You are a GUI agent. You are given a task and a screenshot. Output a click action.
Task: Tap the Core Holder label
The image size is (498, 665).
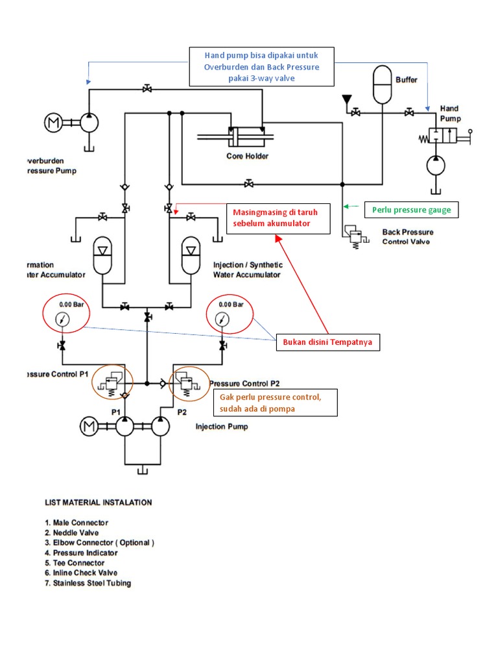247,156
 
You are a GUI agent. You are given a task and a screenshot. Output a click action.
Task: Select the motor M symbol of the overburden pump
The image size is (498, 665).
53,122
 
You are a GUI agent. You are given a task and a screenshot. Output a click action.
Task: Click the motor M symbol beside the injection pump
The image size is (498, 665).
89,426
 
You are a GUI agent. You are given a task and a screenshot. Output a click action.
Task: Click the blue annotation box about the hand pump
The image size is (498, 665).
261,66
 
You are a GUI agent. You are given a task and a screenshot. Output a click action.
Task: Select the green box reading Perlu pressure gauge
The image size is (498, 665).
412,210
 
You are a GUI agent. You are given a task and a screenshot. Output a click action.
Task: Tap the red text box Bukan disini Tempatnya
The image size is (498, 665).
327,342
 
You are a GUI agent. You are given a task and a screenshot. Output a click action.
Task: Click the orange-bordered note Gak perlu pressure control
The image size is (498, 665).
274,402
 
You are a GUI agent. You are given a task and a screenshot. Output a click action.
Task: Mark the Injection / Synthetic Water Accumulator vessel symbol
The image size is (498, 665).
191,256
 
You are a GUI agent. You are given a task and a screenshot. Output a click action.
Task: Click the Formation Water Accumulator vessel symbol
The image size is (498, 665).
102,256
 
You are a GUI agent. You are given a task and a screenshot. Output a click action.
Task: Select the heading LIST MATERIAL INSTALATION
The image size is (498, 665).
98,502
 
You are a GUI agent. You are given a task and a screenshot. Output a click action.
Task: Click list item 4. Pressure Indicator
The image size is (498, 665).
81,553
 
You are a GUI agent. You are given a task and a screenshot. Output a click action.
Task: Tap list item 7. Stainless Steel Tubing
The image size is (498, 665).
88,583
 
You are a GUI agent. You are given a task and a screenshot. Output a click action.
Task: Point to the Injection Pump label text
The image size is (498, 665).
222,427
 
